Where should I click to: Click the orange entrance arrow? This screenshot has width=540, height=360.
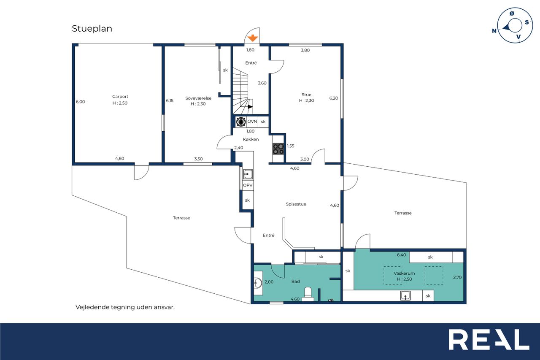point(253,38)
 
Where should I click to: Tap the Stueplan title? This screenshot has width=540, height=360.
point(92,29)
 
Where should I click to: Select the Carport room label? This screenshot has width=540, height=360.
point(120,97)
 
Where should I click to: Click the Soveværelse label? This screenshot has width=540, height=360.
point(198,98)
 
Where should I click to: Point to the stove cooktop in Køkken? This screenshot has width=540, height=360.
point(278,149)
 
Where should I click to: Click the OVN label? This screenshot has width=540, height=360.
point(252,121)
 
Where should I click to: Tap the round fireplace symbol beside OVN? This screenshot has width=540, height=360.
point(240,122)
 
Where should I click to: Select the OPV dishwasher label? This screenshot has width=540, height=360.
point(248,185)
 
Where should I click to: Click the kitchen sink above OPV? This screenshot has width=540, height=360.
point(248,174)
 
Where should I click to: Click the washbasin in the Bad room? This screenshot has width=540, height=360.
point(258,283)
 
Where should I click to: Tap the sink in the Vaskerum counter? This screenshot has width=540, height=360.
point(405,295)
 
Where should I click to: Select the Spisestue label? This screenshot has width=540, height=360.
point(296,204)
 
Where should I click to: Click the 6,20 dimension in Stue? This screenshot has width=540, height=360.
point(334,98)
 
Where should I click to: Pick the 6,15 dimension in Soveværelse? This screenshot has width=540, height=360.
point(170,100)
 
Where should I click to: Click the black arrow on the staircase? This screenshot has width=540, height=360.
point(251,107)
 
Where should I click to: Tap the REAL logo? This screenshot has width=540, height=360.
point(489,339)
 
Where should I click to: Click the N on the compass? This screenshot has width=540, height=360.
point(494,31)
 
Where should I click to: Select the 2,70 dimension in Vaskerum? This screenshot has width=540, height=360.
point(457,277)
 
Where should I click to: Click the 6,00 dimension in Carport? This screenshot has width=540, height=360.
point(80,102)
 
